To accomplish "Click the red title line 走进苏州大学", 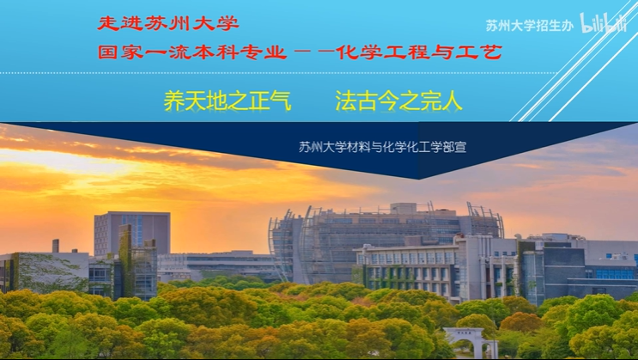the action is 168,23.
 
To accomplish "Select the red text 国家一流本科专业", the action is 192,52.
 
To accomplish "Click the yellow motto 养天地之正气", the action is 228,101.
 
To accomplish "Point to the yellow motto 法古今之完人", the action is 398,101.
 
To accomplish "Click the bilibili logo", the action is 603,23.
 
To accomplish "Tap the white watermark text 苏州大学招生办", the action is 529,26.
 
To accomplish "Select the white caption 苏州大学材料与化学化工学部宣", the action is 382,147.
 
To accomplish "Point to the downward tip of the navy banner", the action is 419,179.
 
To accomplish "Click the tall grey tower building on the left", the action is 132,233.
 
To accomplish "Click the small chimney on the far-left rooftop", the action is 56,246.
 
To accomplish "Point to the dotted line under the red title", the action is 278,73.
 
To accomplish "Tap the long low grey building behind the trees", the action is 220,265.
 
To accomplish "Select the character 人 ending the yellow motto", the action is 452,101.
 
